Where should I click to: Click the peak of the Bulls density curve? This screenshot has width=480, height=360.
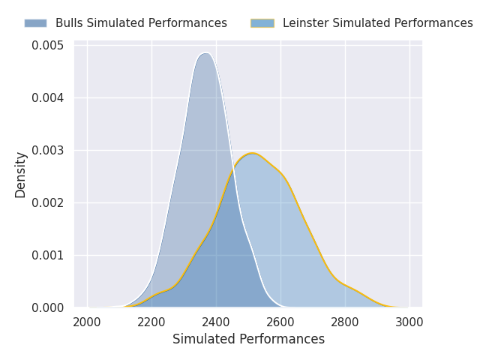coord(206,53)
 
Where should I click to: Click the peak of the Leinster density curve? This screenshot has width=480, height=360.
coord(252,153)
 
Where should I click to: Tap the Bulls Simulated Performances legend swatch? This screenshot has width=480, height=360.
coord(35,23)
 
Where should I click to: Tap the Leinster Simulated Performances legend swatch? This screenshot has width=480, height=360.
coord(262,23)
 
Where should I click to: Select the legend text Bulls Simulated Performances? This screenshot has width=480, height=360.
coord(141,23)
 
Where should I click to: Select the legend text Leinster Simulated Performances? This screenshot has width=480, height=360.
coord(378,23)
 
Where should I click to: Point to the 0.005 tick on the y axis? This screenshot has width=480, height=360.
coord(48,46)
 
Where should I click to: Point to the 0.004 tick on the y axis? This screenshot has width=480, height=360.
coord(48,98)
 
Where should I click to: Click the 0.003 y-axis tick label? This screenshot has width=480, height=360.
coord(48,151)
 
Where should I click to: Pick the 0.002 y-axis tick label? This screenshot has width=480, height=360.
coord(48,203)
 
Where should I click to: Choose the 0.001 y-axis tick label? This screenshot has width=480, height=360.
coord(48,255)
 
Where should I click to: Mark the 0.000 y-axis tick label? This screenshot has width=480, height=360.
coord(48,307)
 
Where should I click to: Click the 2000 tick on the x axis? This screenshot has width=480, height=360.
coord(87,322)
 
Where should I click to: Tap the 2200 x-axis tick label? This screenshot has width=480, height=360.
coord(151,322)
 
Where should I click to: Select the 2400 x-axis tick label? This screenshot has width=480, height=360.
coord(216,322)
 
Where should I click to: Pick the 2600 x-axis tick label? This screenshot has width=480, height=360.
coord(280,322)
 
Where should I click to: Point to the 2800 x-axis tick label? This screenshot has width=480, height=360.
coord(345,322)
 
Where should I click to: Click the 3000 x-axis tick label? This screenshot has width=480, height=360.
coord(409,322)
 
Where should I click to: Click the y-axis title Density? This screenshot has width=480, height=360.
coord(20,175)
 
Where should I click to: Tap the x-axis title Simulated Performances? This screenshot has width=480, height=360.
coord(248,339)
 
